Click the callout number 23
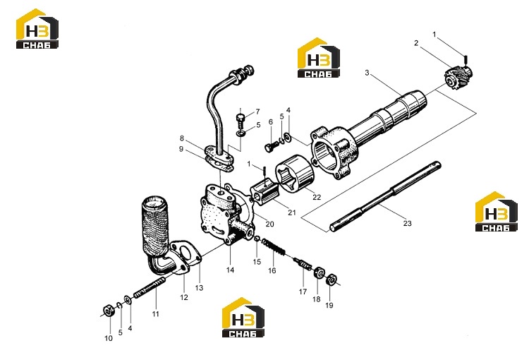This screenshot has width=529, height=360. [x=408, y=223]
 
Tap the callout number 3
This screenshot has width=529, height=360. [x=367, y=73]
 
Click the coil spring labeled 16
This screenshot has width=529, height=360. [x=274, y=247]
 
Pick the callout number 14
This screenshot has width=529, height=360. [x=230, y=270]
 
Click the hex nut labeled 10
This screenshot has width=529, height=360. [x=109, y=310]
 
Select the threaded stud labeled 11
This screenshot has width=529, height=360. [x=150, y=288]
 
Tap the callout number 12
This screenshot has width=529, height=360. [x=184, y=297]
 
